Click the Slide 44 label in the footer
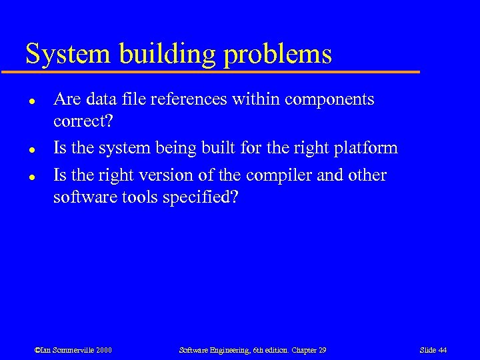433,350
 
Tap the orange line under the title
220,71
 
